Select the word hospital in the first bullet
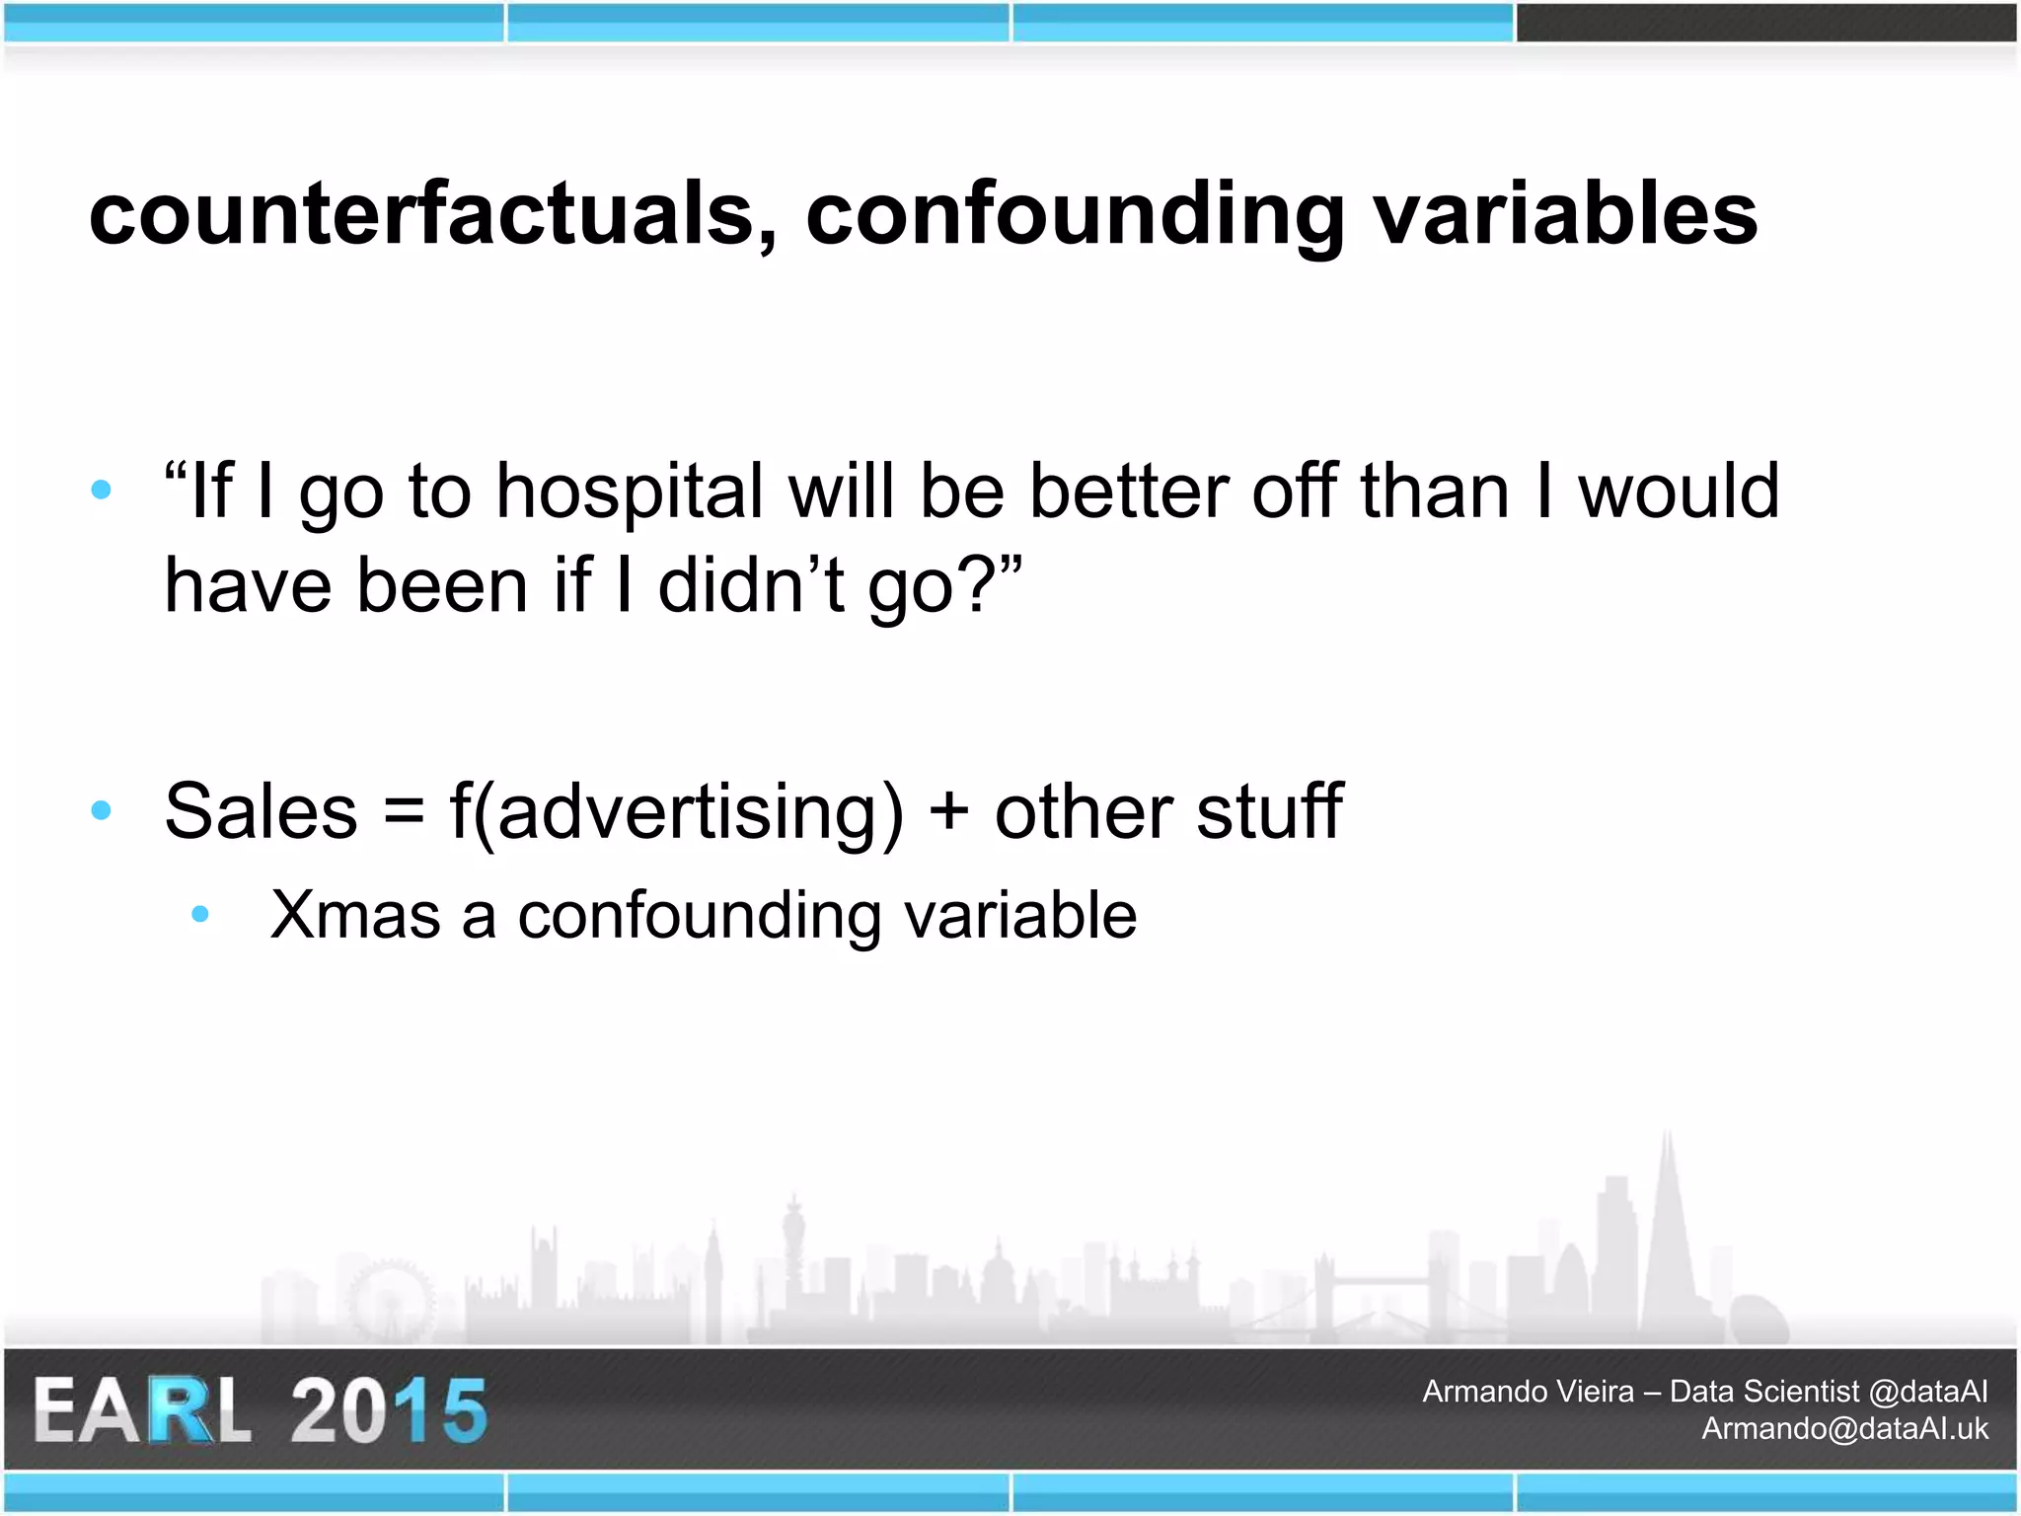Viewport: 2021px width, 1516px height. coord(630,492)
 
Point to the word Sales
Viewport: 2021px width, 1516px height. coord(261,811)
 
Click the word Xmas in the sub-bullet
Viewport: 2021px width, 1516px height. coord(355,915)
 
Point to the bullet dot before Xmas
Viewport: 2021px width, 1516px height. coord(200,915)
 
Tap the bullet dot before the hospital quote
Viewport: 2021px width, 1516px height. coord(101,490)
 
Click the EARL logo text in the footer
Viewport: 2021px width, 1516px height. coord(143,1411)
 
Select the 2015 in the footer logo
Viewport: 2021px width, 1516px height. coord(389,1411)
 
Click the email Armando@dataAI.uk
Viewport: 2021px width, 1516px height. coord(1844,1429)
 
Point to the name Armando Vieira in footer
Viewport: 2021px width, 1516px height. coord(1528,1392)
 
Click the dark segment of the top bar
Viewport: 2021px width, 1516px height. coord(1766,23)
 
